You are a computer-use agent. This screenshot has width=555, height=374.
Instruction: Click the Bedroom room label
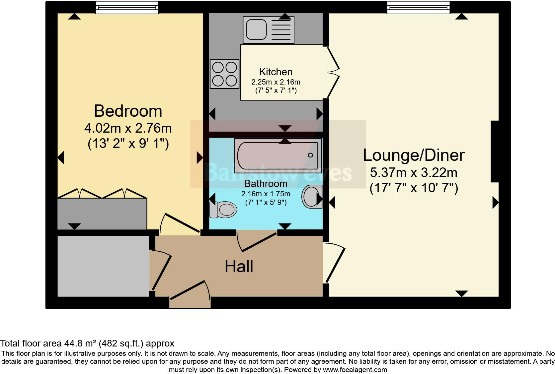(x=128, y=111)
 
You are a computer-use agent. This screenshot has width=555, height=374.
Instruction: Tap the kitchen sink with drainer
(x=268, y=30)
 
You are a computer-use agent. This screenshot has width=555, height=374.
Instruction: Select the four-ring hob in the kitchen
(x=224, y=74)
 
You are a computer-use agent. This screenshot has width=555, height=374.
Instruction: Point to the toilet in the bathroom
(x=223, y=210)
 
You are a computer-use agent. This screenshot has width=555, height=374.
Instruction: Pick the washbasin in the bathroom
(x=312, y=196)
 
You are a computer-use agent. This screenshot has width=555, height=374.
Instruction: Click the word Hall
(x=239, y=267)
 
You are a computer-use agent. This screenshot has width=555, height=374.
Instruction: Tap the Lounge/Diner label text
(x=414, y=155)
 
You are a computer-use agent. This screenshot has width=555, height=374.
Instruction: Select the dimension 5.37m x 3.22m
(x=414, y=172)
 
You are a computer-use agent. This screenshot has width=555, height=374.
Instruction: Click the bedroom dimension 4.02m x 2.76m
(x=128, y=128)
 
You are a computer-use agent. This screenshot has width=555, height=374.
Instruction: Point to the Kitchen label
(x=276, y=72)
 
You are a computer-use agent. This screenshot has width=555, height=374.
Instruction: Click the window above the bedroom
(x=127, y=7)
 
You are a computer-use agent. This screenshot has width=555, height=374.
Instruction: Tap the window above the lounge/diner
(x=418, y=7)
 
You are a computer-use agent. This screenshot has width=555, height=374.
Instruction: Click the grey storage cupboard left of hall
(x=103, y=266)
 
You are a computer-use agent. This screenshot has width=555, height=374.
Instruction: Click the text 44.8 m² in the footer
(x=80, y=343)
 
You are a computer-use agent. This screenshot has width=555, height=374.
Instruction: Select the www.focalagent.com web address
(x=355, y=369)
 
